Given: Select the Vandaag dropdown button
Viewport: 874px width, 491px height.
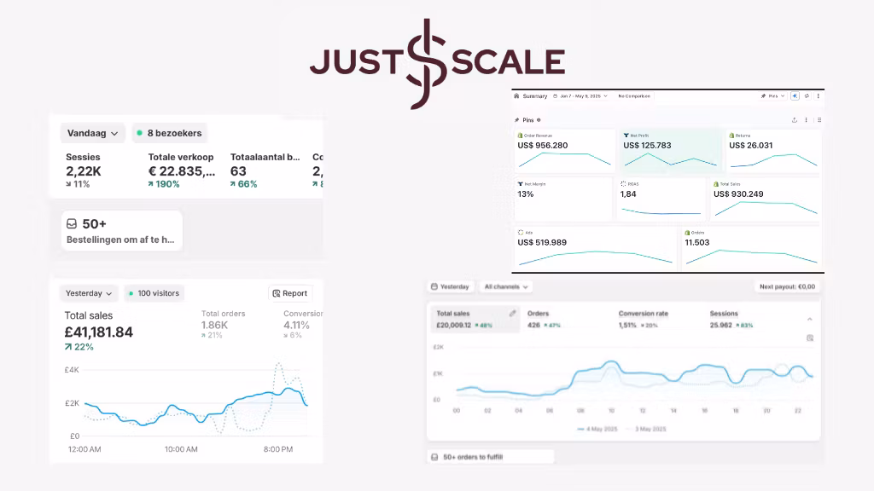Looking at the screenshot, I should pyautogui.click(x=93, y=133).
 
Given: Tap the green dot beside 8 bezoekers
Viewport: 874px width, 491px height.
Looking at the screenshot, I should pyautogui.click(x=139, y=133).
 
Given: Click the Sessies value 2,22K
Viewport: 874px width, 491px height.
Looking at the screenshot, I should pyautogui.click(x=83, y=171).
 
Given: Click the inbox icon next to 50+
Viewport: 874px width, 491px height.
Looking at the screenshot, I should pyautogui.click(x=73, y=224).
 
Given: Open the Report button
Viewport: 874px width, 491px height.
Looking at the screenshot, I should pyautogui.click(x=290, y=293).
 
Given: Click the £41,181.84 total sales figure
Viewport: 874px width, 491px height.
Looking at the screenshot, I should pyautogui.click(x=99, y=332).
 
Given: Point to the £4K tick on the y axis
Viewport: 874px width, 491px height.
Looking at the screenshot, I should pyautogui.click(x=72, y=370).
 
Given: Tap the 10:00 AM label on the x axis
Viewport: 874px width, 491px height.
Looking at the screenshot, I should pyautogui.click(x=181, y=449).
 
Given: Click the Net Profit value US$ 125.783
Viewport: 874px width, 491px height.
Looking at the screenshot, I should pyautogui.click(x=647, y=145).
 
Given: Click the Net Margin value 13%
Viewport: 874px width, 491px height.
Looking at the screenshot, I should pyautogui.click(x=526, y=194).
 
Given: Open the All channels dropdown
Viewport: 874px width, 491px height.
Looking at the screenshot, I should pyautogui.click(x=505, y=287).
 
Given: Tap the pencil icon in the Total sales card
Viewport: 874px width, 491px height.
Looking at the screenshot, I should pyautogui.click(x=513, y=314).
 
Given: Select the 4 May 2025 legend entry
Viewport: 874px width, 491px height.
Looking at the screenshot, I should pyautogui.click(x=597, y=429).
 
